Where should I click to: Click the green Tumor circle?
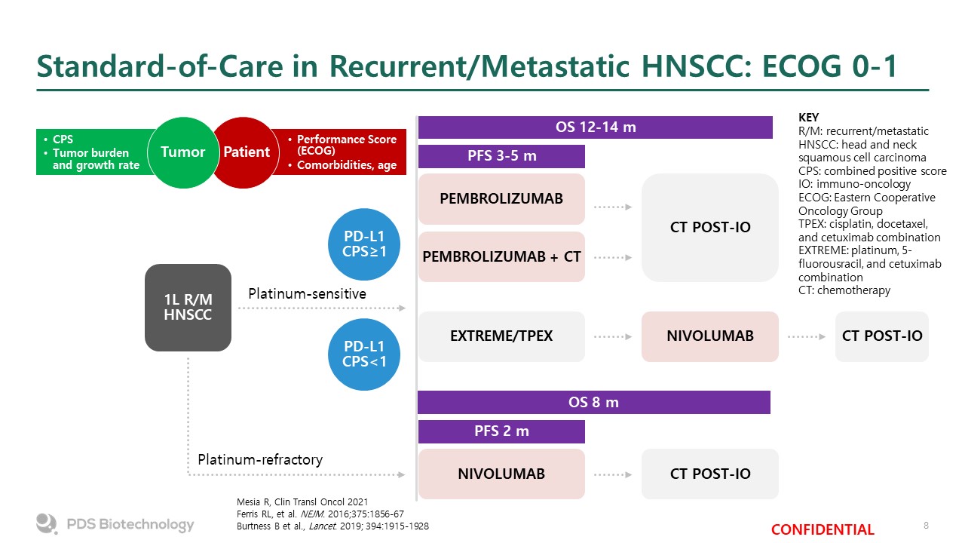click(183, 152)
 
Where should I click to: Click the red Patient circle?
click(246, 152)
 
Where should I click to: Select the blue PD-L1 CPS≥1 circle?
click(364, 244)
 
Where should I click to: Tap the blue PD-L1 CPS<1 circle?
click(364, 354)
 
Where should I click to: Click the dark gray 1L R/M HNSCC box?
click(188, 308)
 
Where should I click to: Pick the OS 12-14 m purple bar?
click(596, 127)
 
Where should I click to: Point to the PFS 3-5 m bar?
click(501, 156)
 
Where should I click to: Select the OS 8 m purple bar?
click(594, 402)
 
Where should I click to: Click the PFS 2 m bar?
click(501, 431)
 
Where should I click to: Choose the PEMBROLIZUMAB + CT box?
click(501, 257)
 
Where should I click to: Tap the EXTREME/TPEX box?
click(501, 336)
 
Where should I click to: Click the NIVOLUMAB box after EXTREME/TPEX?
click(710, 336)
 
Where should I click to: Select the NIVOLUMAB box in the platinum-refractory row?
click(501, 474)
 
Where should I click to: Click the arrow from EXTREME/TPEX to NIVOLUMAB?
click(613, 336)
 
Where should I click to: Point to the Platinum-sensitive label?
click(307, 294)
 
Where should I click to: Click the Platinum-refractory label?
click(260, 460)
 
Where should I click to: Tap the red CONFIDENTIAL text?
click(823, 529)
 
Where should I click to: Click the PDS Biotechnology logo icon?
click(47, 523)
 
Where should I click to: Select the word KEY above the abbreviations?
click(808, 118)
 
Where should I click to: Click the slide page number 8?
click(926, 526)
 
